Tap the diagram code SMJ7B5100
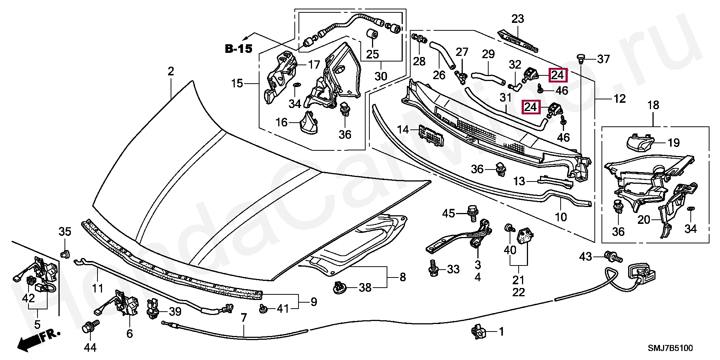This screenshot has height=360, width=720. click(x=671, y=348)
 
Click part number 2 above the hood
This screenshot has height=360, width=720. click(x=171, y=71)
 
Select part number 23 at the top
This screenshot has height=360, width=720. click(x=518, y=18)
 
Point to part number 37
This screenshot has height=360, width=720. click(x=603, y=59)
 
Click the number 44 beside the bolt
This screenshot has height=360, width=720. click(x=90, y=348)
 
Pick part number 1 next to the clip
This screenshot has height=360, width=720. click(x=501, y=331)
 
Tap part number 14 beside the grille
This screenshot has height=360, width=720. click(x=403, y=130)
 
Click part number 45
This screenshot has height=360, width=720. click(x=448, y=213)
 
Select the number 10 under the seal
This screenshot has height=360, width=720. click(x=561, y=217)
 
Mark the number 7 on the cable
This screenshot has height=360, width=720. click(x=244, y=318)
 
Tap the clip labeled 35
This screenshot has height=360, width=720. click(x=65, y=253)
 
